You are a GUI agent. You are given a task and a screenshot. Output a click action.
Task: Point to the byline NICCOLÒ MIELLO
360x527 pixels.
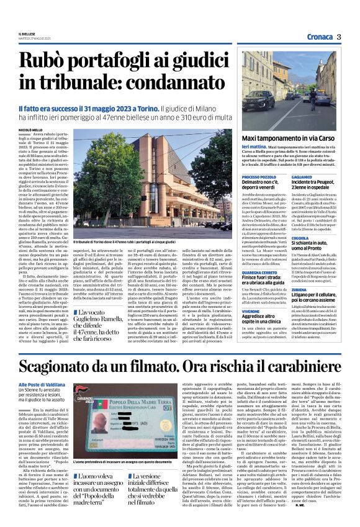tap(31, 130)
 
